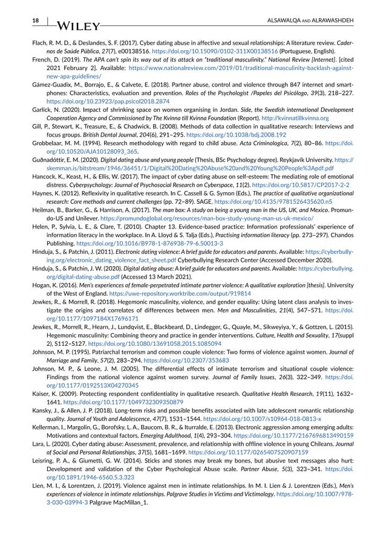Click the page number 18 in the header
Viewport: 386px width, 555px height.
19,21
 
